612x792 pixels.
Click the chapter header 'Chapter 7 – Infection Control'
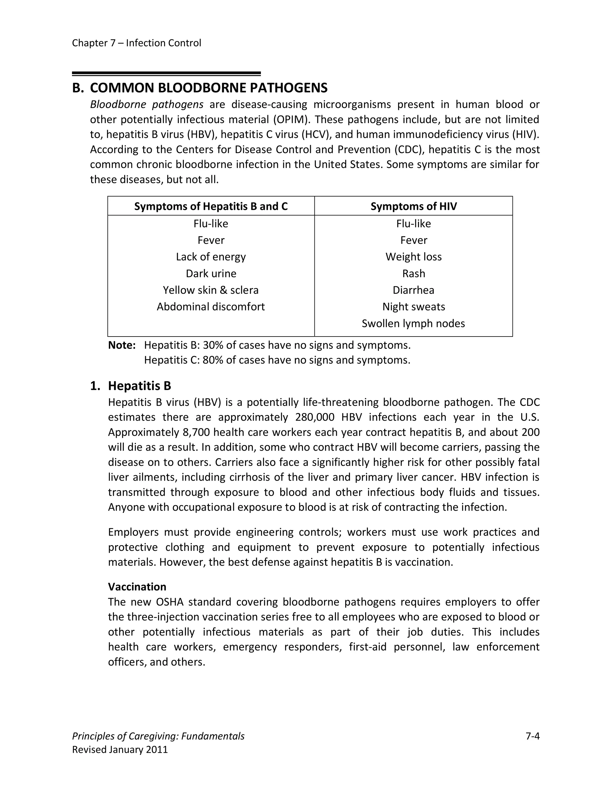[x=136, y=43]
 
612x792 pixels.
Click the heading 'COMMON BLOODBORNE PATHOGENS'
[x=209, y=88]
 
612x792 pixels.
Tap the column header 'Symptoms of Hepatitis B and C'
[x=211, y=206]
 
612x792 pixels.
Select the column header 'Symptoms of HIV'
[x=413, y=206]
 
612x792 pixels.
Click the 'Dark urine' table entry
[x=211, y=273]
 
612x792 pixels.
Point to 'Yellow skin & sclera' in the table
[x=211, y=290]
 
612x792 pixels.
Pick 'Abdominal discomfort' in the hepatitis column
[x=211, y=307]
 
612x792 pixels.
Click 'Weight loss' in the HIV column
[x=413, y=257]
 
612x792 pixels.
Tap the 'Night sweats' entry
[x=413, y=307]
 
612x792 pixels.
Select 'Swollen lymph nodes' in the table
[x=413, y=323]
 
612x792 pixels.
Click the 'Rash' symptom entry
[x=413, y=273]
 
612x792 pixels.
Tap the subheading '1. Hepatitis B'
[x=139, y=386]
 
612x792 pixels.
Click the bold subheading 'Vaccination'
[x=137, y=587]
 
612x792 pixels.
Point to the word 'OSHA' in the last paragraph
[x=170, y=602]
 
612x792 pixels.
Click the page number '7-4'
[x=532, y=736]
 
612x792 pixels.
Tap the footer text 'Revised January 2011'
[x=120, y=750]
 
